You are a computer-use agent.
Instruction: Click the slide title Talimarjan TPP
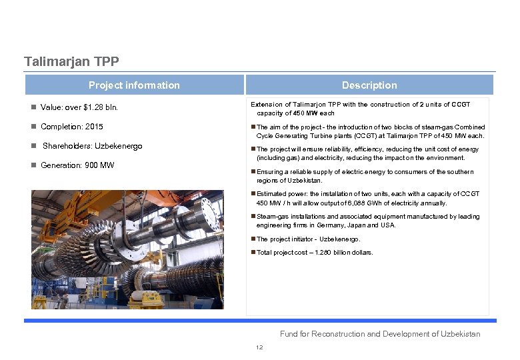click(71, 62)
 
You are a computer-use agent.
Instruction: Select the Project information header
click(134, 85)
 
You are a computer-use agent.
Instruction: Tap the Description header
click(369, 85)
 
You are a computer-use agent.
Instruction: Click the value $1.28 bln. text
click(101, 107)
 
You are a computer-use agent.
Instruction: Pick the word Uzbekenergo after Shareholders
click(119, 146)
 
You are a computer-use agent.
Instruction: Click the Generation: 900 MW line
click(77, 165)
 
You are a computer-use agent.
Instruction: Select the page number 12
click(259, 347)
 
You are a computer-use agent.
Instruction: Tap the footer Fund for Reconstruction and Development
click(379, 334)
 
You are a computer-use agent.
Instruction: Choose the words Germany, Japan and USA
click(360, 225)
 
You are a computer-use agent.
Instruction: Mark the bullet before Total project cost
click(253, 253)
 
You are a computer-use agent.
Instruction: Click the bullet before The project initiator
click(253, 239)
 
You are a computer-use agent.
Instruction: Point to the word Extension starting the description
click(266, 105)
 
